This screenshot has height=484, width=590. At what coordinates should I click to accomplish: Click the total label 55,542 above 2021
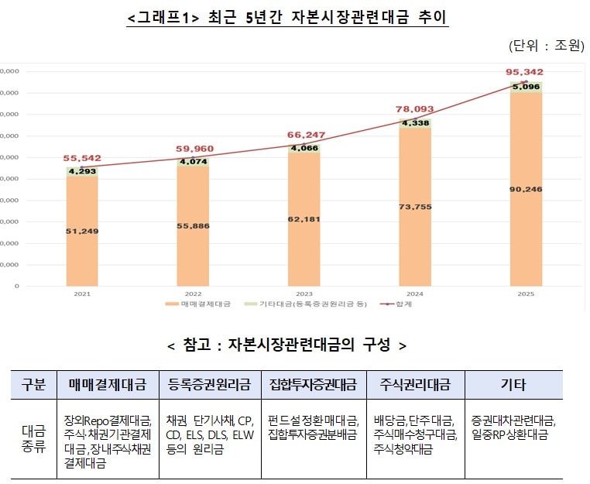(x=82, y=159)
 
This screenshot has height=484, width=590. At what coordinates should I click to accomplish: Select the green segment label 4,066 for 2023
(x=304, y=148)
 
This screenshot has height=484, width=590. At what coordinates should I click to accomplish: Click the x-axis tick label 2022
(x=193, y=294)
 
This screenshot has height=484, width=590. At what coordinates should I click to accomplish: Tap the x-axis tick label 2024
(x=415, y=294)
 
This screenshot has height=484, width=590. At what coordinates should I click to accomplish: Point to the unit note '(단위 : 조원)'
(x=546, y=46)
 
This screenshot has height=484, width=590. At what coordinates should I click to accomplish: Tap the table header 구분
(x=33, y=384)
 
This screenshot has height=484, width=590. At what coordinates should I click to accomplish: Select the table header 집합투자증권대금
(x=313, y=384)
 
